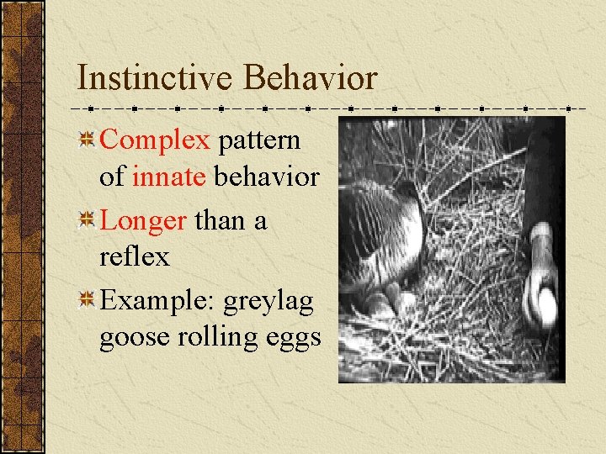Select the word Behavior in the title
point(310,78)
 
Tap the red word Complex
point(154,140)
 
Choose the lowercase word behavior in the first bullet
point(266,177)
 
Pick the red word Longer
point(143,221)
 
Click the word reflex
point(134,257)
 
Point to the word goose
point(131,337)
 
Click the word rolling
point(212,337)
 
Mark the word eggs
point(291,339)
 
